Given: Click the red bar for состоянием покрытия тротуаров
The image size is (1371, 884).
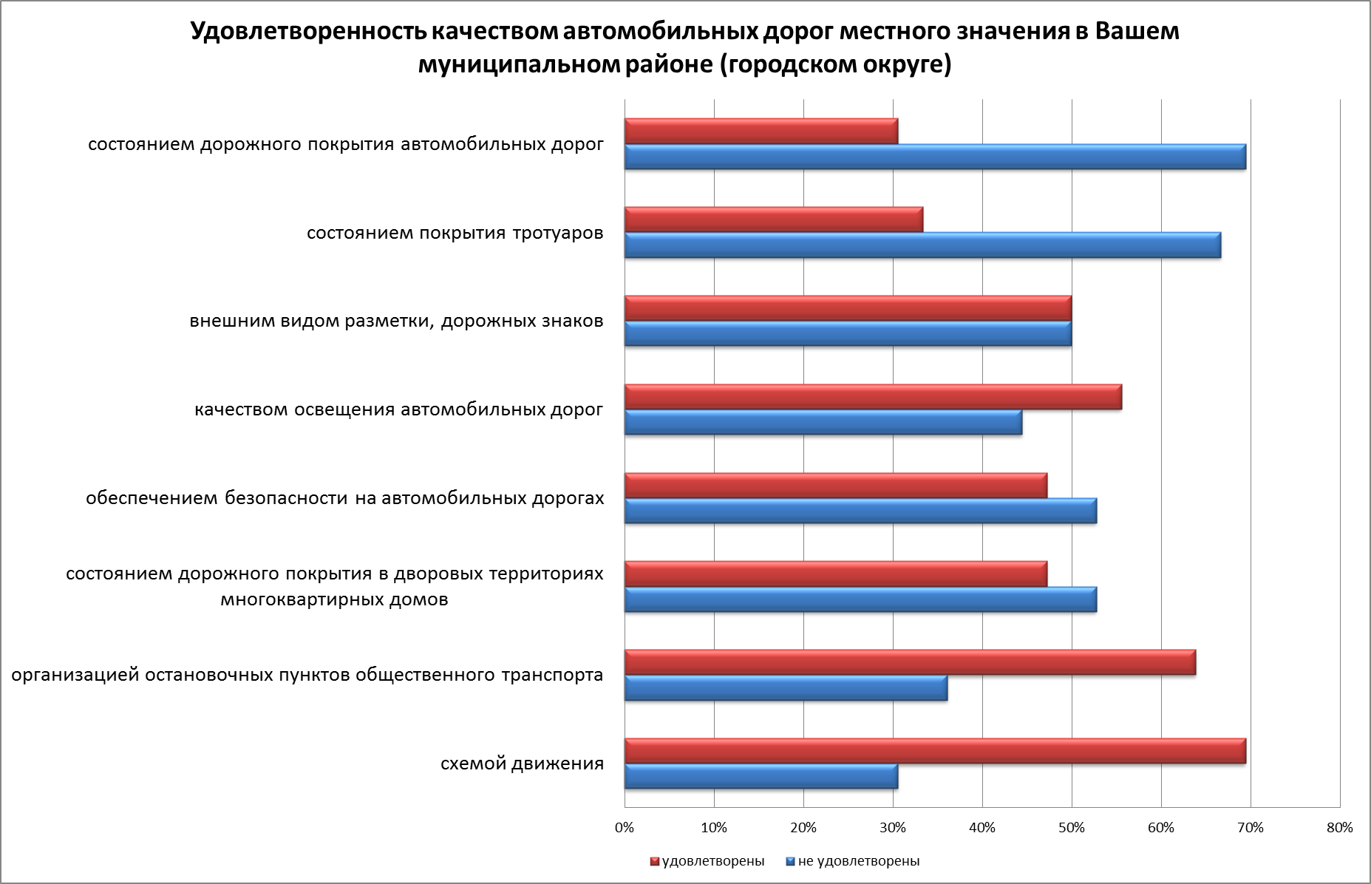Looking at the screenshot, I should (773, 220).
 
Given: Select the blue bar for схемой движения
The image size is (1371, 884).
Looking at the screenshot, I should (761, 777).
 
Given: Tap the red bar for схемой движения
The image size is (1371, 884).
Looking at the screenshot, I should (935, 751).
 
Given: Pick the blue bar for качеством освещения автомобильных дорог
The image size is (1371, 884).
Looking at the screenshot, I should (823, 423).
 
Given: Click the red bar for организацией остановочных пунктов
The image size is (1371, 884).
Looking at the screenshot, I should (910, 662).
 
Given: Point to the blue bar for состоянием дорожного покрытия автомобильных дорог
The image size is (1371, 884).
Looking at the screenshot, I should (935, 157).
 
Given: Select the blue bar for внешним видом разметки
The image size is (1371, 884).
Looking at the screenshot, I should (848, 334).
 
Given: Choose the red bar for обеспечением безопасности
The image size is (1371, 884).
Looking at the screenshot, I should (836, 486).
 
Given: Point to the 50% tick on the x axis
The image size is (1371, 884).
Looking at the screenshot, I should (1072, 828).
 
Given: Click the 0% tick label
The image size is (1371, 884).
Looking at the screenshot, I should (625, 828).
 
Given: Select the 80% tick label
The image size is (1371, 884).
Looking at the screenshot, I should (1340, 828).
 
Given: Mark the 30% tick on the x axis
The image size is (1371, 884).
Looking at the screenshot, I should (893, 828).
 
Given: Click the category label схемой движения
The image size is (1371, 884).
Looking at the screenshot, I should (522, 764).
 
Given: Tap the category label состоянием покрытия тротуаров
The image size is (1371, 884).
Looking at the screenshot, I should (455, 234).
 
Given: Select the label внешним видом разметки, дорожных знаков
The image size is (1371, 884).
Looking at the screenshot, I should (396, 322).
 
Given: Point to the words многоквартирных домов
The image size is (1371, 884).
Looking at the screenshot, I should (334, 599).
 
